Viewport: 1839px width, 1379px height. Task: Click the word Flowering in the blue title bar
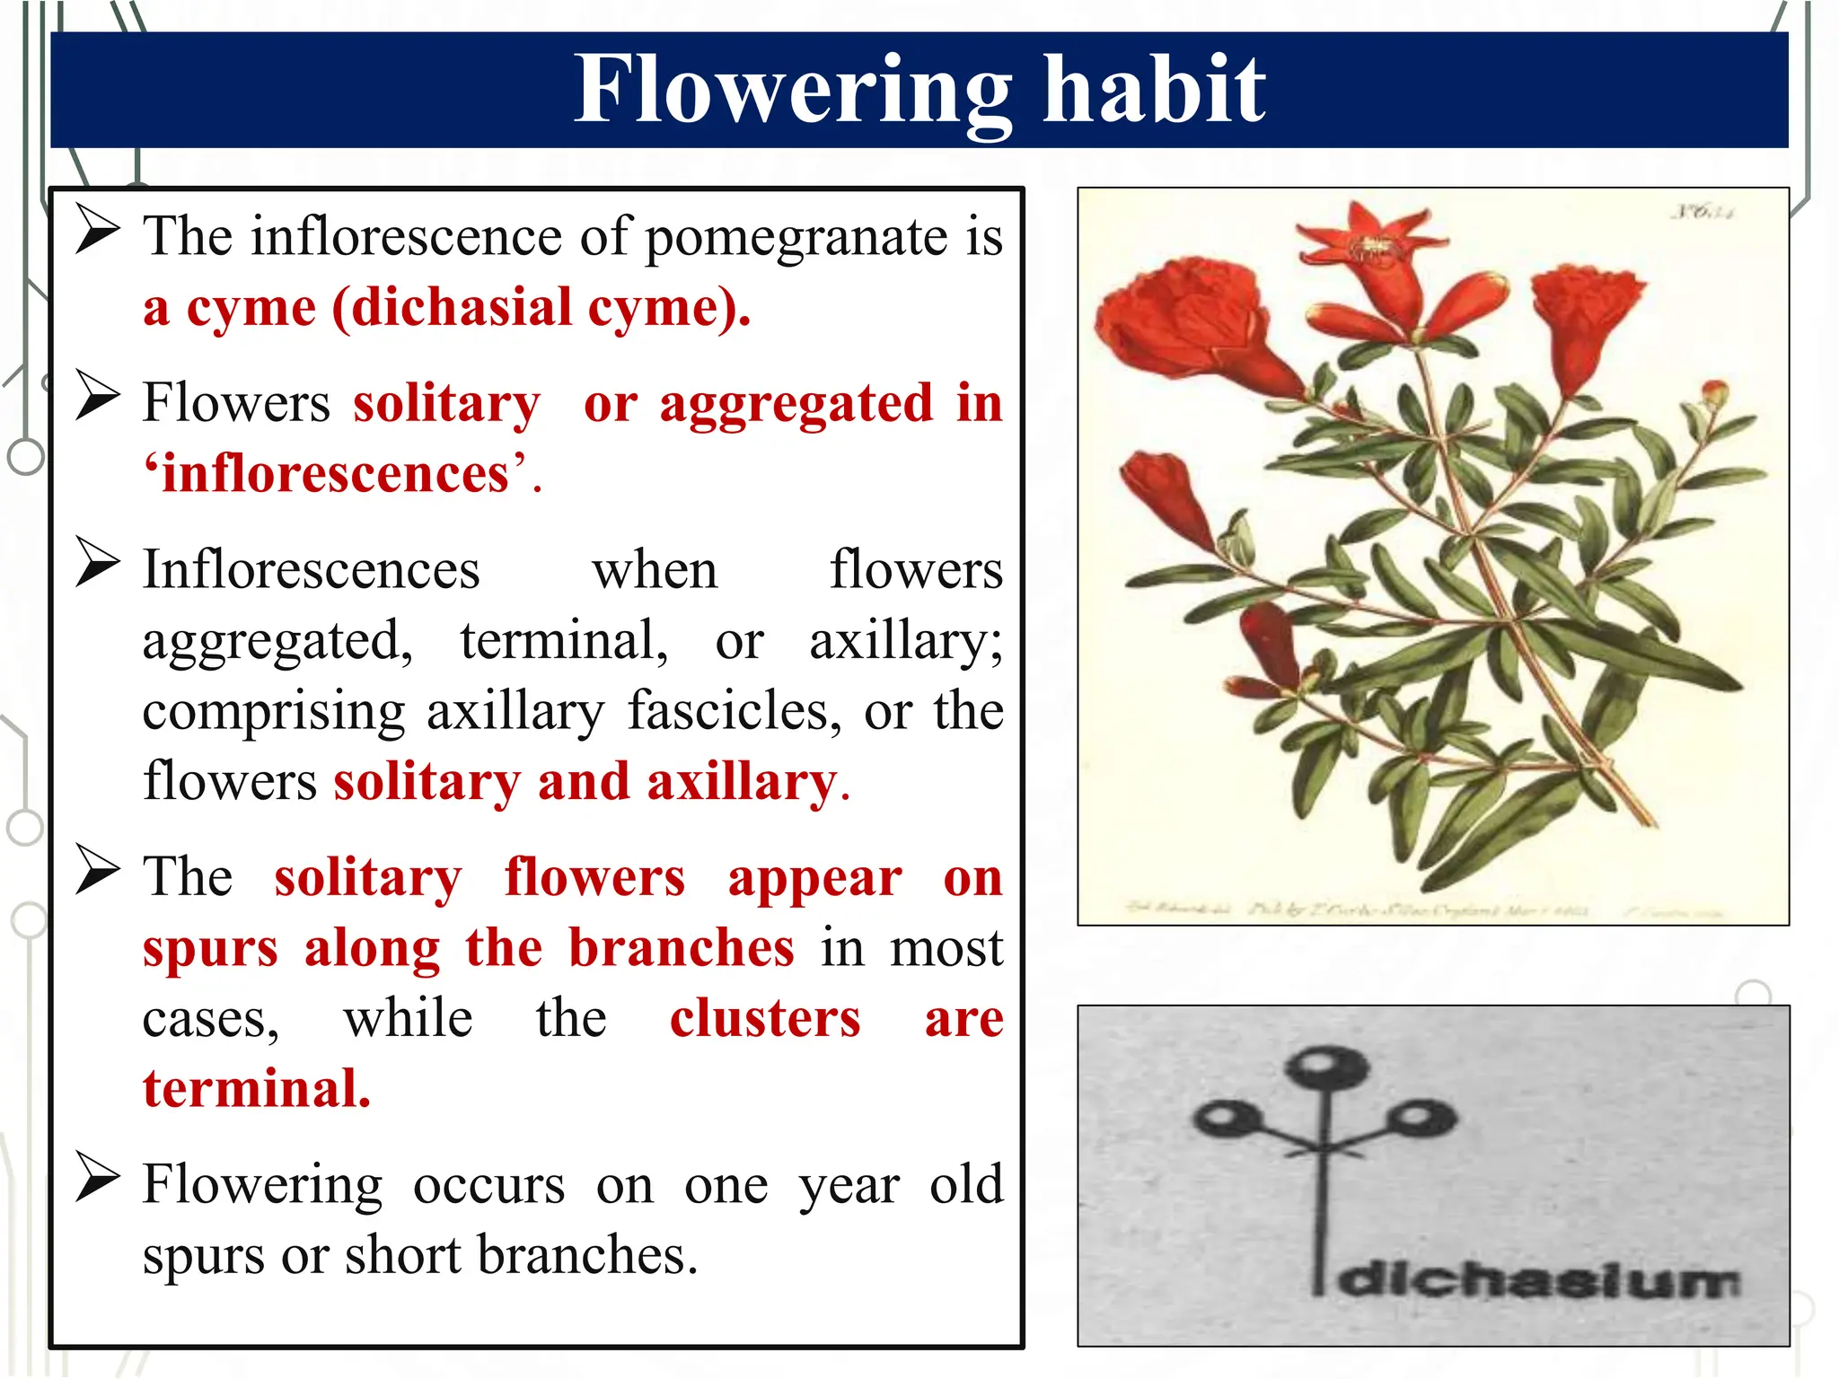790,90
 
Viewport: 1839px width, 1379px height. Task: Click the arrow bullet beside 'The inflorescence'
97,231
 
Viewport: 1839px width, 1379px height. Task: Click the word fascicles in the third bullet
734,712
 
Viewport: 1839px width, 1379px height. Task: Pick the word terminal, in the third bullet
564,641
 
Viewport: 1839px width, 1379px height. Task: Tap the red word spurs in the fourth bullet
210,950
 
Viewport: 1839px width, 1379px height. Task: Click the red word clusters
765,1019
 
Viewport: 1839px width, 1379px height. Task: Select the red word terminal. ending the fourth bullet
257,1089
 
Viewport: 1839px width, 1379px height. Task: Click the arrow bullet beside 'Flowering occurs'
97,1177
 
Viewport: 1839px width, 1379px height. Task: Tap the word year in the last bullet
849,1186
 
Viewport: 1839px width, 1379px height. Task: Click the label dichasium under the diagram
1539,1280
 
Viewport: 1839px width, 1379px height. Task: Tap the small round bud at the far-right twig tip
1714,392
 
